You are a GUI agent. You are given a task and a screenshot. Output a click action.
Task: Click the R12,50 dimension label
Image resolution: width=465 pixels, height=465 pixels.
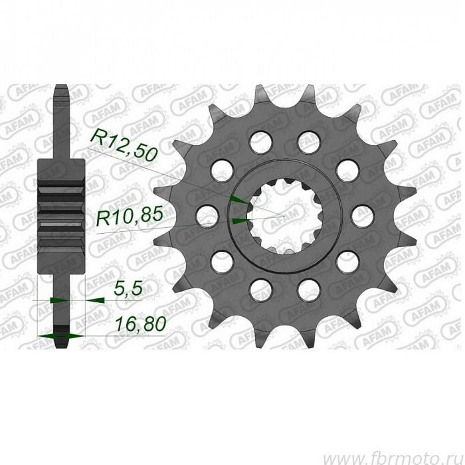[125, 145]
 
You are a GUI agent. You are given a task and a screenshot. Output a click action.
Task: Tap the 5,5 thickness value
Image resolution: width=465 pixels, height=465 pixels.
[128, 288]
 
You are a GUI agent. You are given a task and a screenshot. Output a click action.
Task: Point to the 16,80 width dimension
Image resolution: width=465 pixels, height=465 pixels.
[140, 324]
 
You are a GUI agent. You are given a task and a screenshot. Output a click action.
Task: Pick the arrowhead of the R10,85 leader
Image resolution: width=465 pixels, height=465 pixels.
[240, 221]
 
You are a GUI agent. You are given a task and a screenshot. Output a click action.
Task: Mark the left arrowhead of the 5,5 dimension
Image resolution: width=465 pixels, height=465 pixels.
[60, 300]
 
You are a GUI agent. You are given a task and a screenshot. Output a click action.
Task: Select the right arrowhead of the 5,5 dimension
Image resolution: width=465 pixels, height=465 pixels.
[95, 300]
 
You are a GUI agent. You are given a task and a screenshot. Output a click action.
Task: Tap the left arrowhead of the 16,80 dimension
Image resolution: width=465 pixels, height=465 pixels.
[47, 336]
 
